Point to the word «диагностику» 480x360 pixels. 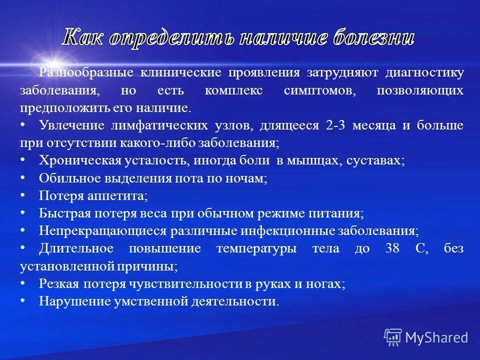coord(424,72)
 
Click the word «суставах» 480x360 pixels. coord(373,160)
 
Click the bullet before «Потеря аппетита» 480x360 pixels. coord(23,195)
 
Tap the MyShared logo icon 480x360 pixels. coord(393,337)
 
